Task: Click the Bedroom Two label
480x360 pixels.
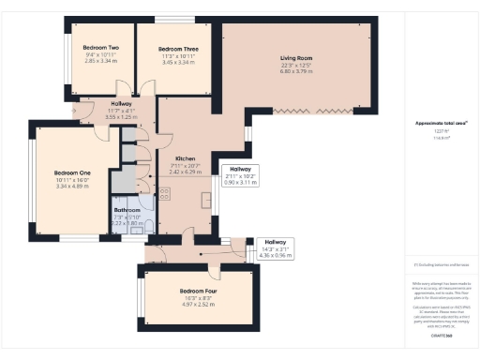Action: (100, 47)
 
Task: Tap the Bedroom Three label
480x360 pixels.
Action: (177, 49)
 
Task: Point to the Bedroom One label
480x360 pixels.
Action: (72, 172)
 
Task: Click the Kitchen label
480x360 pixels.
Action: (185, 159)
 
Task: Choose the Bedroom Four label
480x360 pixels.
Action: (198, 291)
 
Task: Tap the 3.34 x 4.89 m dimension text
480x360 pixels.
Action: (72, 187)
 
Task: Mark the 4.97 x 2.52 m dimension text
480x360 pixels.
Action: (198, 305)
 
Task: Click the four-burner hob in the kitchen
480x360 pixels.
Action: (164, 194)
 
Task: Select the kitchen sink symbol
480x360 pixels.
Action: (206, 200)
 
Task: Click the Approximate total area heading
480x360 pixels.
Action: (441, 124)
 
